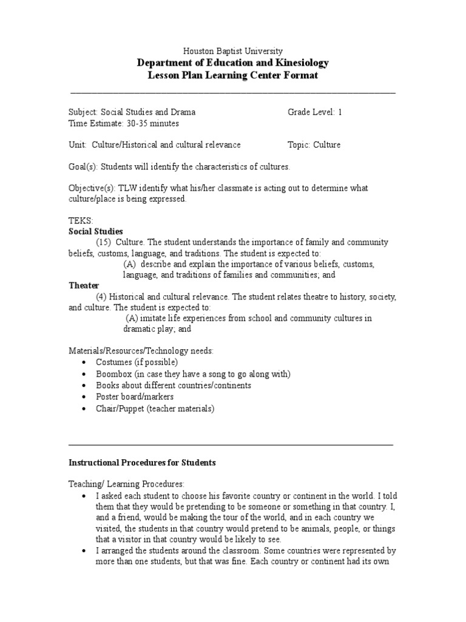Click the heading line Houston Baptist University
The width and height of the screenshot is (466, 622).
pyautogui.click(x=233, y=52)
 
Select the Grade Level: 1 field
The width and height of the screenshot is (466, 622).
pyautogui.click(x=314, y=112)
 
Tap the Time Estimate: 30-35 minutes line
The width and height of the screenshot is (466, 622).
pyautogui.click(x=124, y=123)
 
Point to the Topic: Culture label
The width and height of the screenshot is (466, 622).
pyautogui.click(x=314, y=145)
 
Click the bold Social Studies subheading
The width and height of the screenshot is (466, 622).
pyautogui.click(x=95, y=231)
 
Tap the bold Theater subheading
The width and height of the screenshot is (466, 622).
pyautogui.click(x=84, y=285)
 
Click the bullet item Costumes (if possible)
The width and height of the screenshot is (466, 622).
pyautogui.click(x=137, y=362)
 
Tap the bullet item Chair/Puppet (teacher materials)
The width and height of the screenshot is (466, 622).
pyautogui.click(x=155, y=409)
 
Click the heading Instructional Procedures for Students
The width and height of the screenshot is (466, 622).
pyautogui.click(x=141, y=463)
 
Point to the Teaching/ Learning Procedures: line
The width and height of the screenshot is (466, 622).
pyautogui.click(x=125, y=484)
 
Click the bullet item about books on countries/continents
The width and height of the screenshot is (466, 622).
pyautogui.click(x=173, y=386)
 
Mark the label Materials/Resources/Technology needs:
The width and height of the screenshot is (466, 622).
pyautogui.click(x=141, y=351)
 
